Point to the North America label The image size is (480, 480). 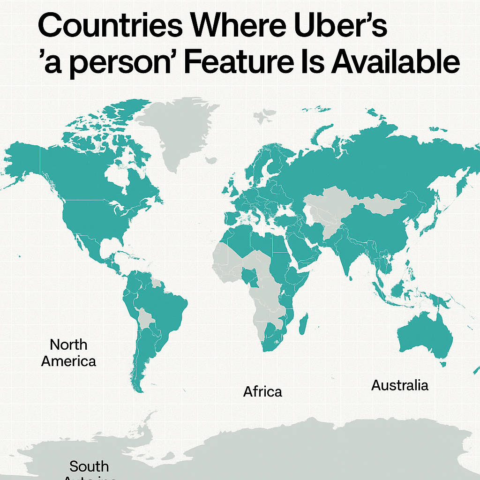tap(68, 353)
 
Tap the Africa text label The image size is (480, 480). tap(262, 391)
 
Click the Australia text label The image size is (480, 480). tap(399, 385)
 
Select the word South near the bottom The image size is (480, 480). tap(89, 466)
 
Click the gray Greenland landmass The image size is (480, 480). tap(176, 131)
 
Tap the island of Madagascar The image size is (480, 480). tap(304, 324)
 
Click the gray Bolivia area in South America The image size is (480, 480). tap(146, 319)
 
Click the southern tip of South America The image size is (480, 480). tap(137, 387)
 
